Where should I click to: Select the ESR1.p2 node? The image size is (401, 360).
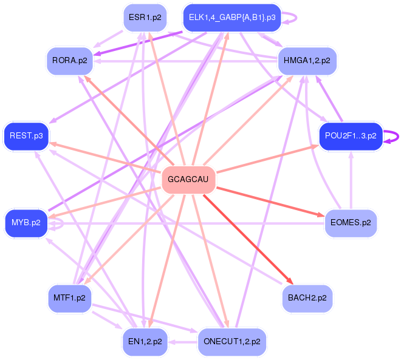145,18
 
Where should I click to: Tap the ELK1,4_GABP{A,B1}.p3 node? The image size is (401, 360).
231,18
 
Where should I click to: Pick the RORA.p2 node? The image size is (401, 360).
69,61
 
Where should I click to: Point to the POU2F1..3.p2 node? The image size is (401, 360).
351,136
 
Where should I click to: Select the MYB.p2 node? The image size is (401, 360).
26,223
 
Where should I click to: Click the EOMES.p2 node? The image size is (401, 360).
350,223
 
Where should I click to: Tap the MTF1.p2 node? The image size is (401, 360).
69,298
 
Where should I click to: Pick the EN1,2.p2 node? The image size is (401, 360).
145,342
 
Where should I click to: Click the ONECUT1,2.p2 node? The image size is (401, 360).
231,342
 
